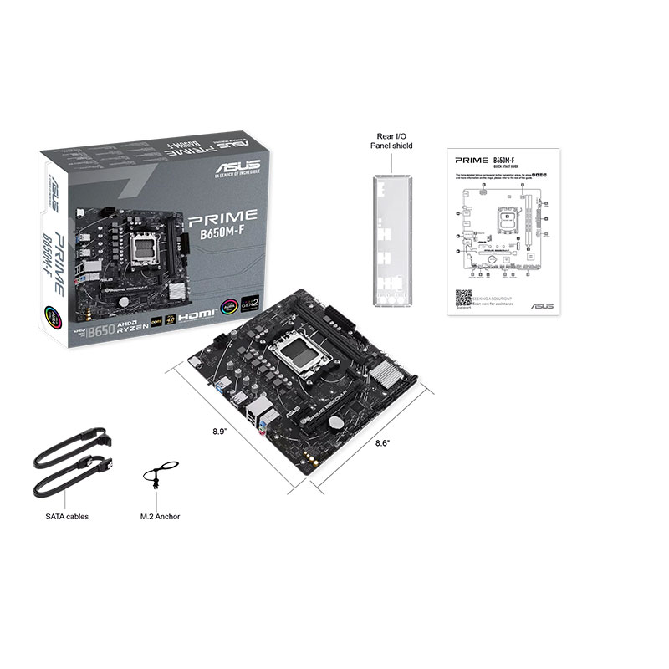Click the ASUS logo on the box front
[x=237, y=168]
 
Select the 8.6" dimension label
[x=382, y=443]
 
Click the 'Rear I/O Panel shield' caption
[x=391, y=140]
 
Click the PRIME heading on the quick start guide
[x=470, y=159]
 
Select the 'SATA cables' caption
[x=67, y=516]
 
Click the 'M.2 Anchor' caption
[x=161, y=516]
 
